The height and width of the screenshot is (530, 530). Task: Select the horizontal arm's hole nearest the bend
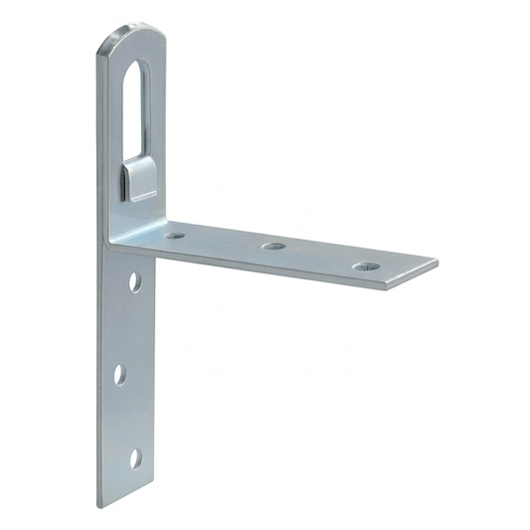coord(175,237)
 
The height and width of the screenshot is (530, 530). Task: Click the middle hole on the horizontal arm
coord(273,246)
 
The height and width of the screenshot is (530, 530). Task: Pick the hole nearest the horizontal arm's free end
coord(365,266)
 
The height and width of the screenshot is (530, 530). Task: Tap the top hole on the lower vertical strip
coord(135,281)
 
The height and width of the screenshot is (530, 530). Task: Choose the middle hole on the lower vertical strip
coord(120,374)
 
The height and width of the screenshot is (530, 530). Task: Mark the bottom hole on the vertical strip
coord(135,458)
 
